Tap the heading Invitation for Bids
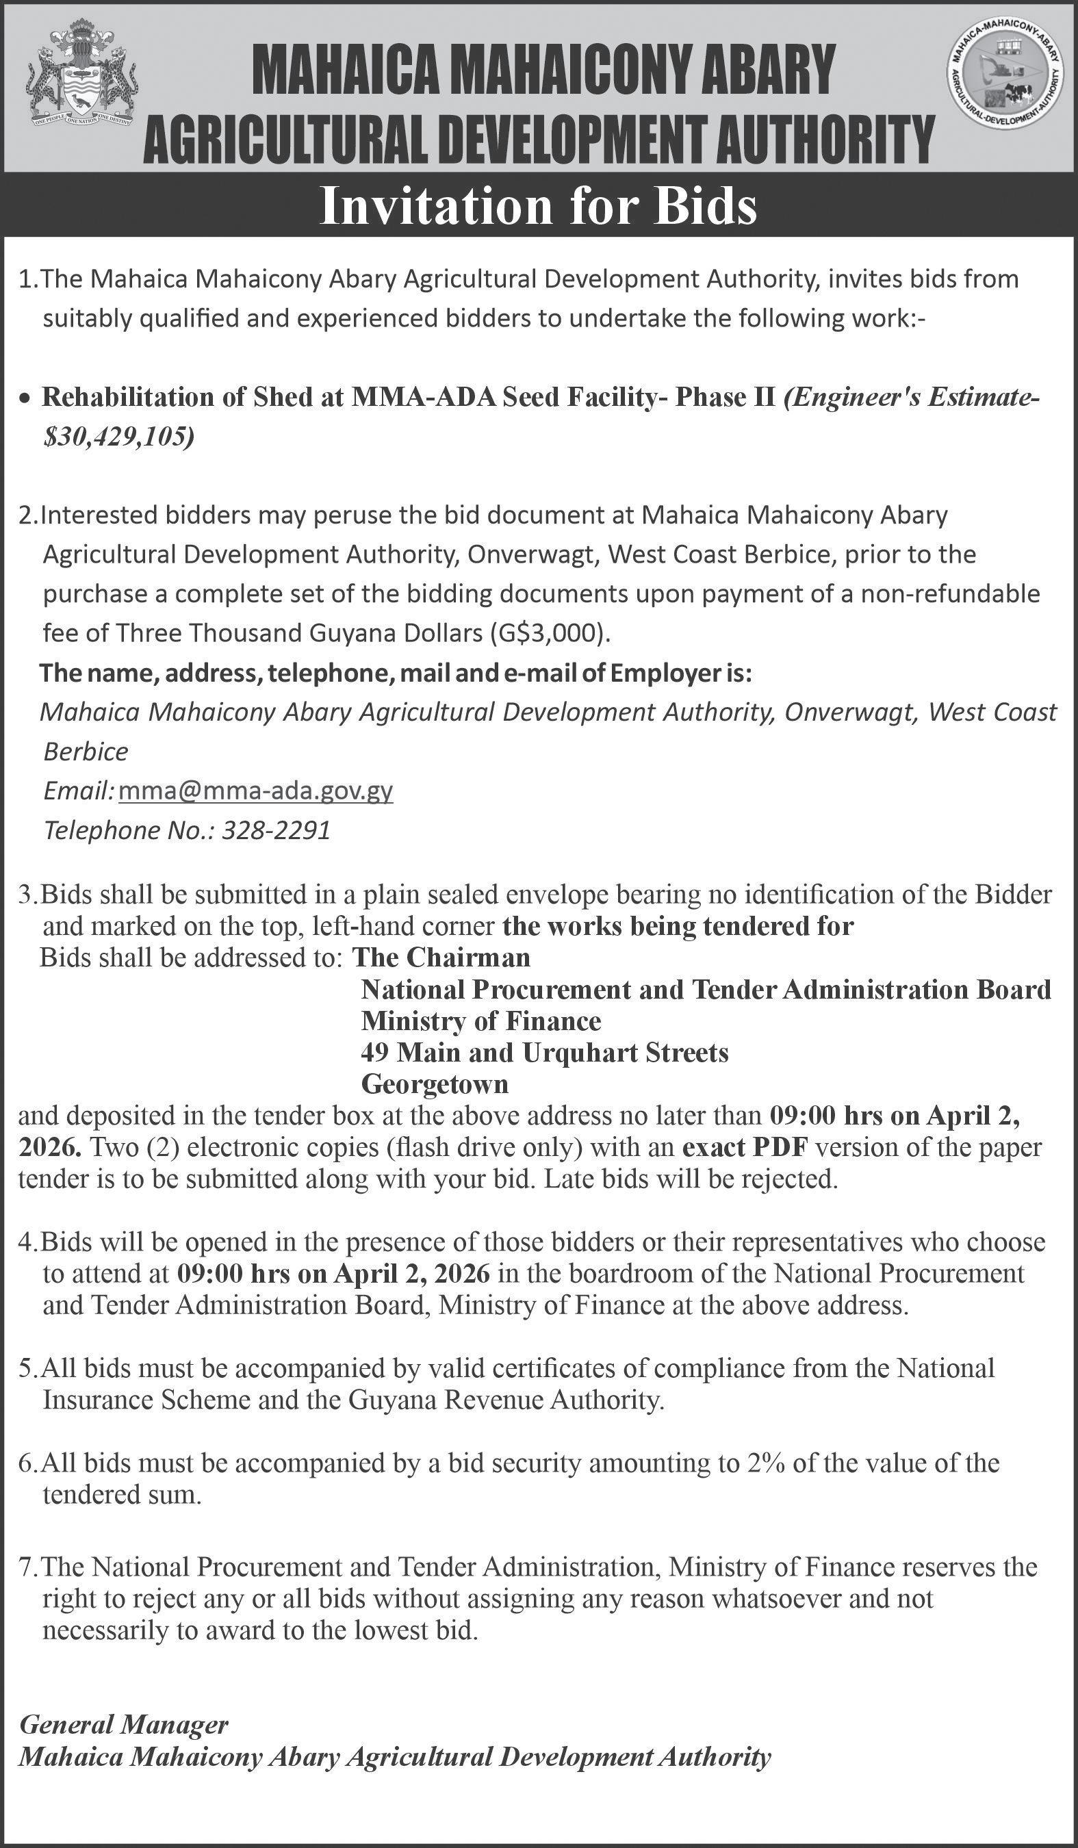coord(538,207)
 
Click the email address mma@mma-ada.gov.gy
coord(255,791)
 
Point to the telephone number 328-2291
coord(276,830)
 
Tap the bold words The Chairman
coord(441,957)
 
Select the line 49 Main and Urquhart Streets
coord(544,1053)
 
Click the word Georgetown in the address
coord(434,1084)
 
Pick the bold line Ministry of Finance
coord(480,1021)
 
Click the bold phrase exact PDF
coord(745,1147)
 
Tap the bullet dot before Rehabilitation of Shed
coord(27,399)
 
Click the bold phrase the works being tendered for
coord(678,926)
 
